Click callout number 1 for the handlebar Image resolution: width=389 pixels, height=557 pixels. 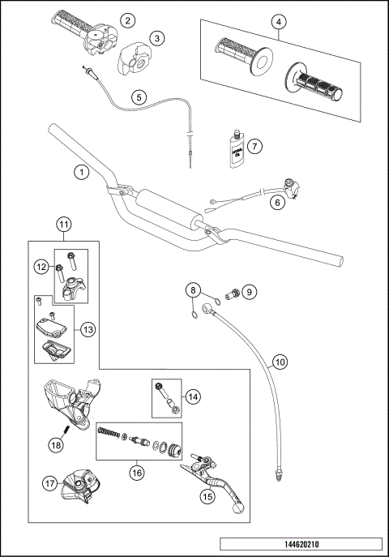click(80, 172)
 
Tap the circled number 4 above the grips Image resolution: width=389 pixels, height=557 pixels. click(278, 22)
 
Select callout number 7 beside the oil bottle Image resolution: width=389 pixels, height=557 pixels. click(254, 147)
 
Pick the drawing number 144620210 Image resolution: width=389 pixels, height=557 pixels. click(299, 545)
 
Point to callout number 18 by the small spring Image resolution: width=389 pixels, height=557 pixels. click(55, 445)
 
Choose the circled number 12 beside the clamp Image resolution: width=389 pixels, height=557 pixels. click(41, 267)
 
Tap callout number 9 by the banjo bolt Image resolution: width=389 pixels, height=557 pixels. click(250, 290)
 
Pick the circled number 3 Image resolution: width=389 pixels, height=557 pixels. click(158, 37)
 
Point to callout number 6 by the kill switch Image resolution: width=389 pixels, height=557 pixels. click(277, 204)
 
